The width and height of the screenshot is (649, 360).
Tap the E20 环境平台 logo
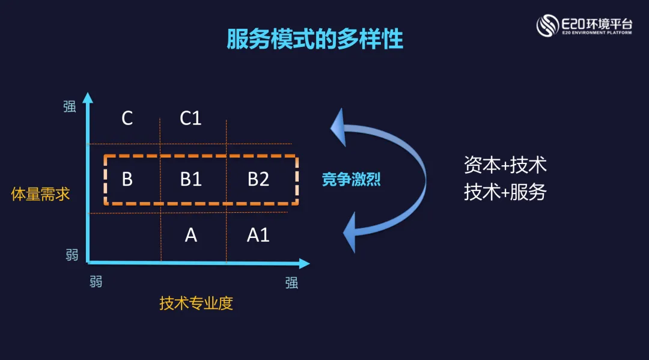click(x=584, y=25)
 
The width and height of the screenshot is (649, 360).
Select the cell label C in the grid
click(x=127, y=118)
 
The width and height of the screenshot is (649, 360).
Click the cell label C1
click(x=190, y=118)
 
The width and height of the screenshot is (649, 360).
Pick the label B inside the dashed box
click(x=127, y=179)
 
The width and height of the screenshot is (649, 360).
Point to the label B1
click(x=190, y=179)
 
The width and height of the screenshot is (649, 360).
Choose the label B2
click(x=258, y=179)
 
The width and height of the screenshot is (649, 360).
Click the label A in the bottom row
click(x=190, y=235)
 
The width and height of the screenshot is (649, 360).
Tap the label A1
click(x=258, y=235)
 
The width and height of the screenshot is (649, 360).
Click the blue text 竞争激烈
click(x=352, y=179)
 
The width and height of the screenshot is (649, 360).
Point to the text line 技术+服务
click(x=505, y=192)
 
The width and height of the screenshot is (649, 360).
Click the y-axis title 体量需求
click(x=41, y=194)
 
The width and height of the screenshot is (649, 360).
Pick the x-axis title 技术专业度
click(x=196, y=304)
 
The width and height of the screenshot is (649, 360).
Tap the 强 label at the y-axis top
click(x=70, y=106)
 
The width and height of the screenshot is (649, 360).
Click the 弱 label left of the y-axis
click(x=72, y=255)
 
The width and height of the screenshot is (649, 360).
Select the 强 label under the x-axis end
click(x=291, y=282)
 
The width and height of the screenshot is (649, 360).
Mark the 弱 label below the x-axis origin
click(x=96, y=281)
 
